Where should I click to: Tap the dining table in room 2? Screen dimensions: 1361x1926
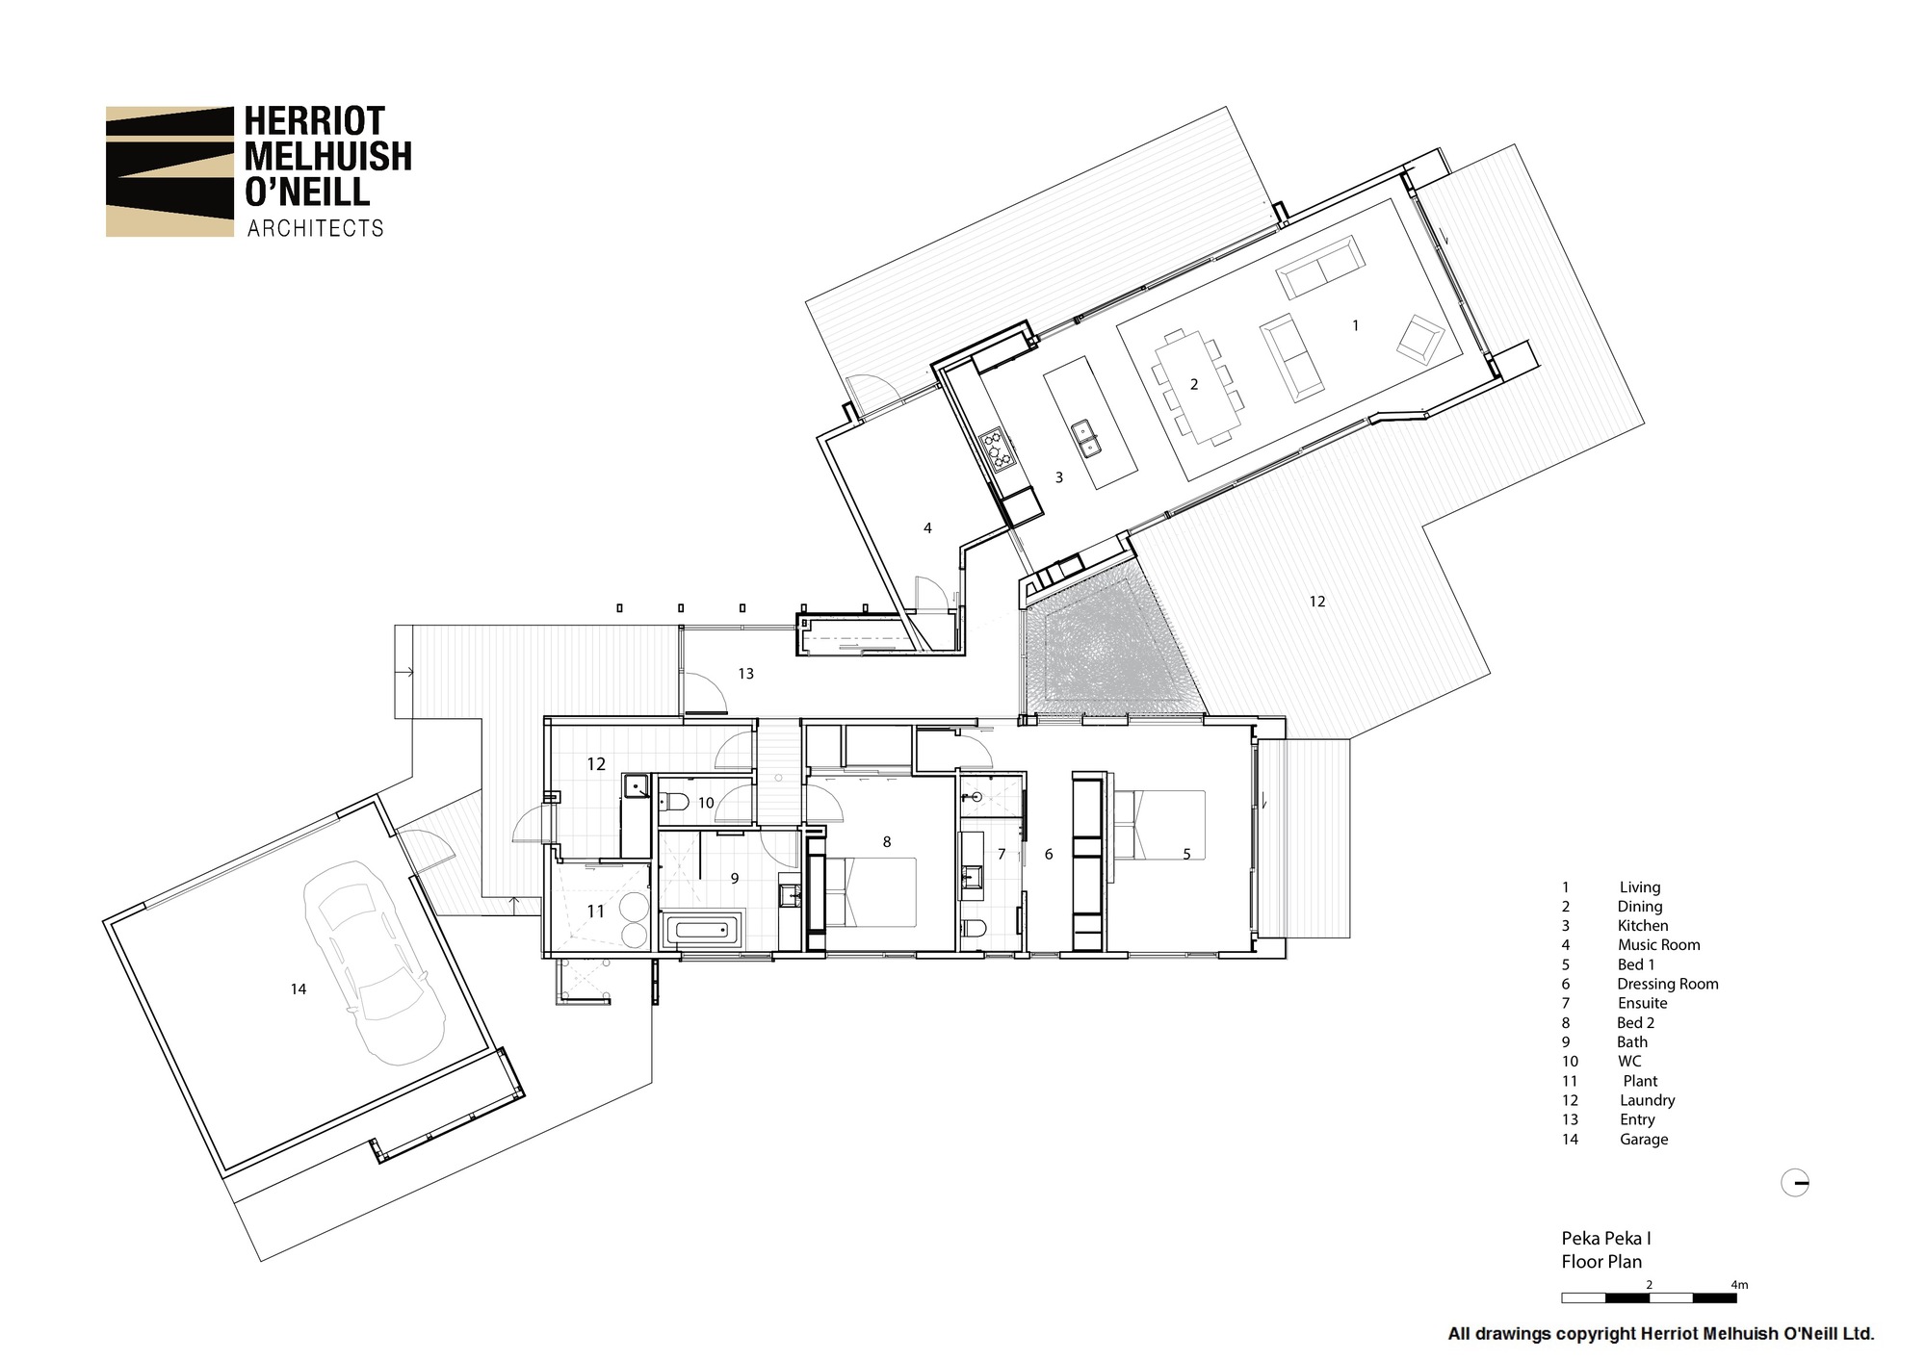[x=1194, y=385]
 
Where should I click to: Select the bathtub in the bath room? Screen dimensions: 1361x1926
[x=702, y=931]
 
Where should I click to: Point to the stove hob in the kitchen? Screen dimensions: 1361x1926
[x=998, y=449]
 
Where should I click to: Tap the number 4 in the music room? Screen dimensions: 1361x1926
[x=927, y=527]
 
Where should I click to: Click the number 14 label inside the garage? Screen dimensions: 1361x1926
[x=299, y=989]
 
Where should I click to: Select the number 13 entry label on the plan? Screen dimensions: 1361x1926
[x=745, y=674]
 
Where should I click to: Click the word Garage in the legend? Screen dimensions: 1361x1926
[x=1643, y=1139]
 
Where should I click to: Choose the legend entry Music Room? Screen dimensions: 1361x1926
[x=1658, y=945]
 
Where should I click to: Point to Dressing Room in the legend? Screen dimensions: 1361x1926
[x=1667, y=984]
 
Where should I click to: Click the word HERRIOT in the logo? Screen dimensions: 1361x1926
[x=314, y=121]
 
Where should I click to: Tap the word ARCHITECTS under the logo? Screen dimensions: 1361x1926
[x=315, y=228]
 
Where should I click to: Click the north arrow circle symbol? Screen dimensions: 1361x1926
[x=1795, y=1183]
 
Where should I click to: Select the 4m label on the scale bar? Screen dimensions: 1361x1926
[x=1738, y=1284]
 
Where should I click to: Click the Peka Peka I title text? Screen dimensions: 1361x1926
[x=1606, y=1239]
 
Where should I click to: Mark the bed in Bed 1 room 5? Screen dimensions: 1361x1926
[x=1160, y=825]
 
